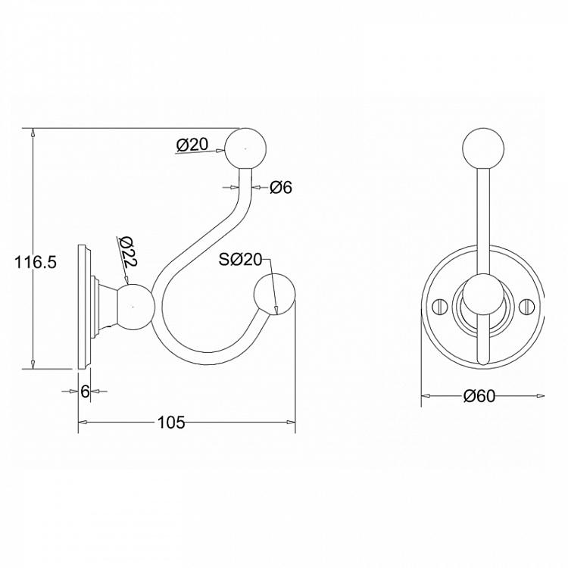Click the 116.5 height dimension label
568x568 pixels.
click(x=36, y=262)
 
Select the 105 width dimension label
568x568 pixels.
click(x=171, y=423)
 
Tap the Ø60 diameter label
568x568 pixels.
click(x=479, y=396)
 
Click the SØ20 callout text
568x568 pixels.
click(x=240, y=259)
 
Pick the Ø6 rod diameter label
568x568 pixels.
click(x=281, y=188)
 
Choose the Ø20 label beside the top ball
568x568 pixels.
click(x=192, y=145)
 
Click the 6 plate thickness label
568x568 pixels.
click(x=85, y=392)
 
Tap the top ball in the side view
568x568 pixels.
click(x=246, y=148)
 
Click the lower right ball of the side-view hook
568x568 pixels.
click(x=275, y=295)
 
